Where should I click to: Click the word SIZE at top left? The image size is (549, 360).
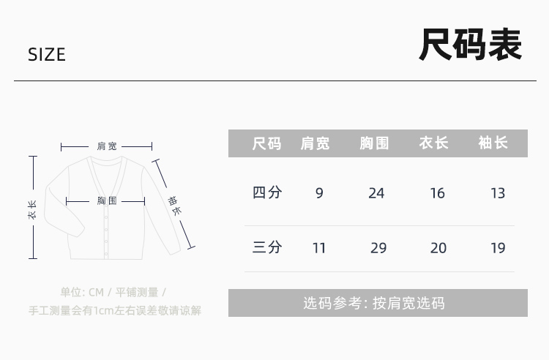(47, 55)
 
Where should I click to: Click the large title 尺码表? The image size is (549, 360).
(470, 45)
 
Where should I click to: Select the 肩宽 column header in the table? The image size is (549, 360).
(315, 143)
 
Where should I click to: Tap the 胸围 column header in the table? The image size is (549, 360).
(375, 143)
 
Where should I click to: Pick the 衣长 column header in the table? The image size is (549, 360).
(434, 143)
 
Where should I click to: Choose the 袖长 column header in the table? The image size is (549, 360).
(493, 143)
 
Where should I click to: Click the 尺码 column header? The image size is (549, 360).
(266, 143)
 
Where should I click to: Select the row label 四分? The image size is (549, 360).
(267, 193)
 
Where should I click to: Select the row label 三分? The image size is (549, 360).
(267, 247)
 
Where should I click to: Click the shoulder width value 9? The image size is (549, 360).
(319, 194)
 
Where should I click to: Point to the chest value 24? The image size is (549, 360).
(376, 194)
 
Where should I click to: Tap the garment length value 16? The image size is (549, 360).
(438, 194)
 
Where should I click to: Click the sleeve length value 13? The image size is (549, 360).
(498, 194)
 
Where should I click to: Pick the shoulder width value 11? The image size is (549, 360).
(319, 248)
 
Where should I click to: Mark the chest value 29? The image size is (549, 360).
(378, 248)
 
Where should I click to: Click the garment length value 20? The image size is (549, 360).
(438, 248)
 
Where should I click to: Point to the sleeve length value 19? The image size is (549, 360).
(498, 248)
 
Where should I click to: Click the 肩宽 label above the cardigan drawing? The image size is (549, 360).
(107, 146)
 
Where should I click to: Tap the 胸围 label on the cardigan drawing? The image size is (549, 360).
(107, 200)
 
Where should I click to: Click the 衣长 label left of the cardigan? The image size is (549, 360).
(32, 210)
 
